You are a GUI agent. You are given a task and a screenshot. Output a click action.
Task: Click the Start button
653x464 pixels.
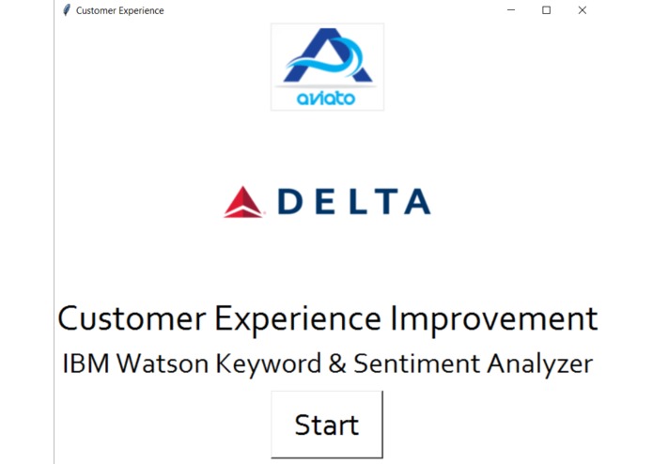click(327, 425)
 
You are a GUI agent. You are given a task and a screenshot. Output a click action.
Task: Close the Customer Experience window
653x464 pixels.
click(583, 10)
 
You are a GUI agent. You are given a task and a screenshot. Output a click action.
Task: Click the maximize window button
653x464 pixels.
click(547, 10)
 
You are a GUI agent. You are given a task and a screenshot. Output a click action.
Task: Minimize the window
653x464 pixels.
click(511, 10)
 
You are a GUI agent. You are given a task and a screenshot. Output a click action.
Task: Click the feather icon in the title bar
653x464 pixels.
click(66, 10)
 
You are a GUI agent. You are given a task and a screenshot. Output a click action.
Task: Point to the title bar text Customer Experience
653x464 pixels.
click(119, 10)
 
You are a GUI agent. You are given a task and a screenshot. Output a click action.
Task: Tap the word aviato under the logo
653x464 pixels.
click(326, 98)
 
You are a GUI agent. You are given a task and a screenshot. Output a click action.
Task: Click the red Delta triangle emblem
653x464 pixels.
click(243, 202)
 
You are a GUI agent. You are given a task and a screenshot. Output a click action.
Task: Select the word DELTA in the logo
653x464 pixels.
click(354, 202)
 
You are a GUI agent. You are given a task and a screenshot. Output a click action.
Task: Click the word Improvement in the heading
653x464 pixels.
click(493, 319)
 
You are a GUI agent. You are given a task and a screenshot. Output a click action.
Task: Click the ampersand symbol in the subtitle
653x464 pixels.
click(337, 363)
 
